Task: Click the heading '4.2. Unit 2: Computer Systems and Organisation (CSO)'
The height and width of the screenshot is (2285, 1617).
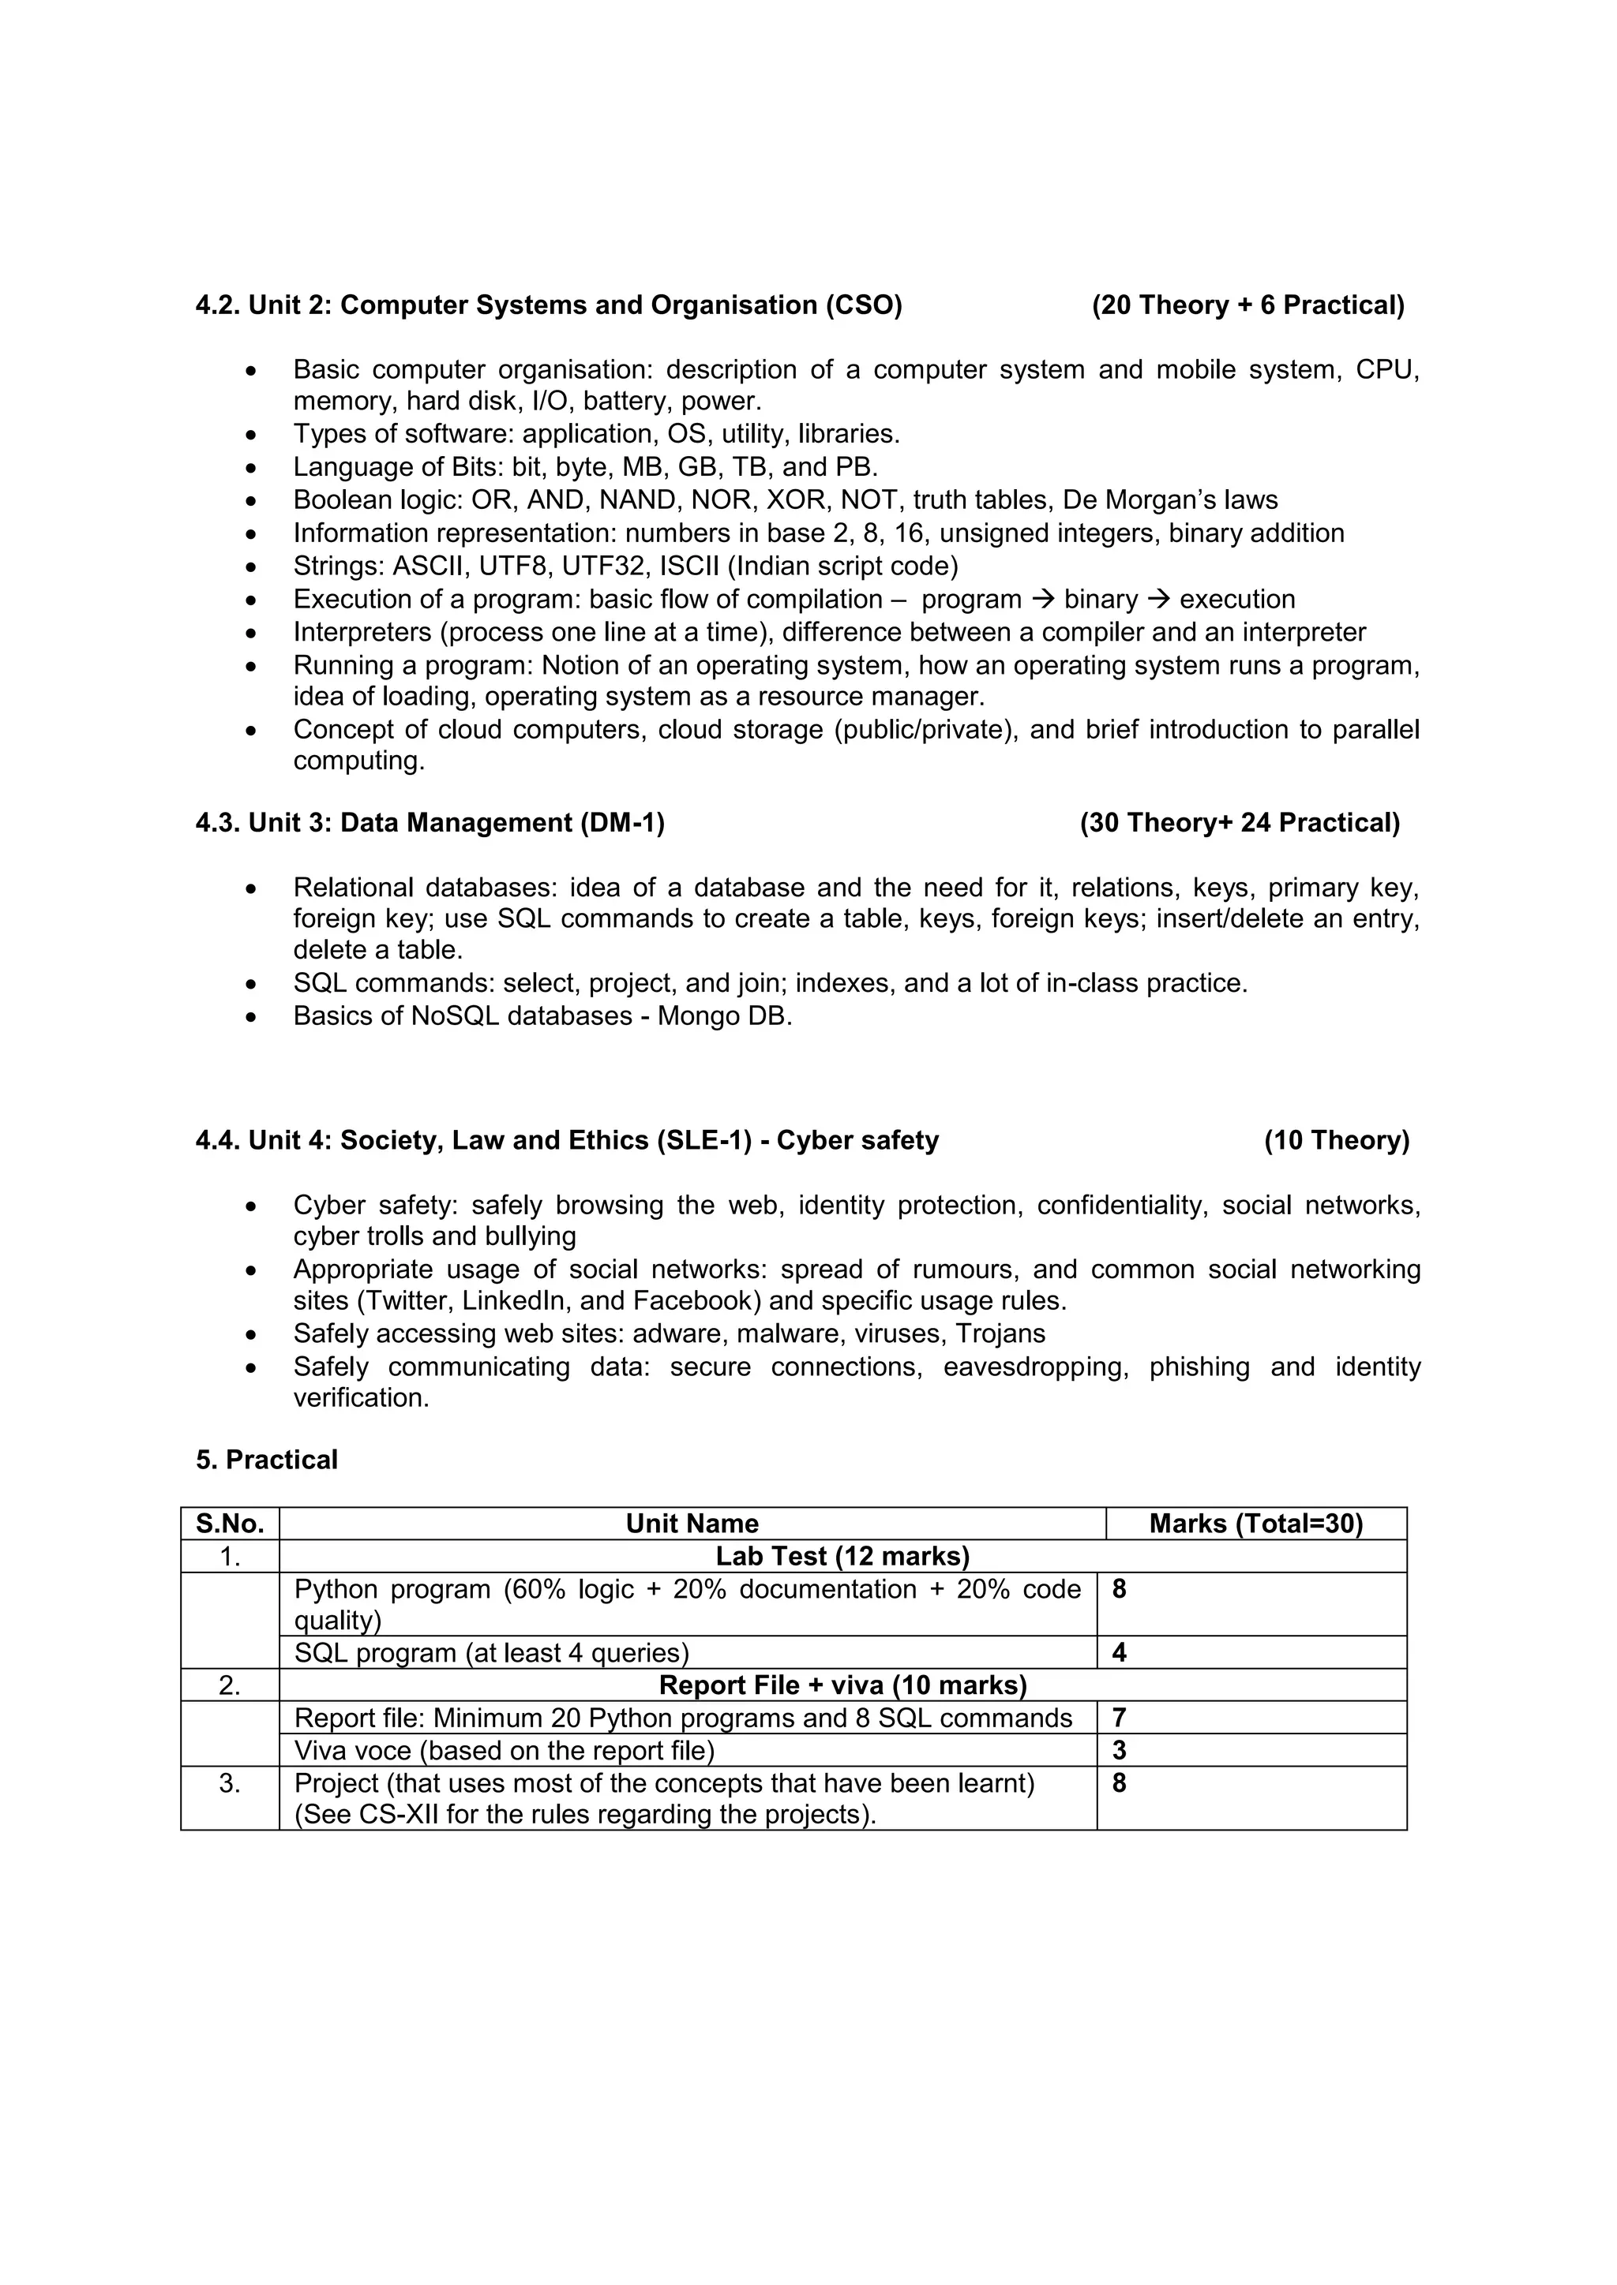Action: click(x=549, y=305)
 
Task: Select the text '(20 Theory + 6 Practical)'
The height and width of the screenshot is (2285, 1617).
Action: click(x=1247, y=305)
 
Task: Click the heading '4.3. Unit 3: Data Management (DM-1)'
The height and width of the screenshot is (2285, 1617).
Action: click(x=430, y=822)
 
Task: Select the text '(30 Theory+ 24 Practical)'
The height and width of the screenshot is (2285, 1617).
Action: click(x=1240, y=822)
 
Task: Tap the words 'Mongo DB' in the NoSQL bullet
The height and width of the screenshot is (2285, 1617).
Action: click(x=724, y=1015)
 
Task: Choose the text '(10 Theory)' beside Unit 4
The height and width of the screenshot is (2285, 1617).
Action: click(x=1336, y=1139)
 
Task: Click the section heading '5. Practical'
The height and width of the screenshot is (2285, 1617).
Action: click(x=267, y=1459)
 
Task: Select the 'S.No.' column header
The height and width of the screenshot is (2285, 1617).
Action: click(x=230, y=1523)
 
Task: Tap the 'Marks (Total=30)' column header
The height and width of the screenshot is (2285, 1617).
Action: click(x=1255, y=1523)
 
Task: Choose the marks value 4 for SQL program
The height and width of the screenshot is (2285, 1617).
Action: click(x=1119, y=1652)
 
